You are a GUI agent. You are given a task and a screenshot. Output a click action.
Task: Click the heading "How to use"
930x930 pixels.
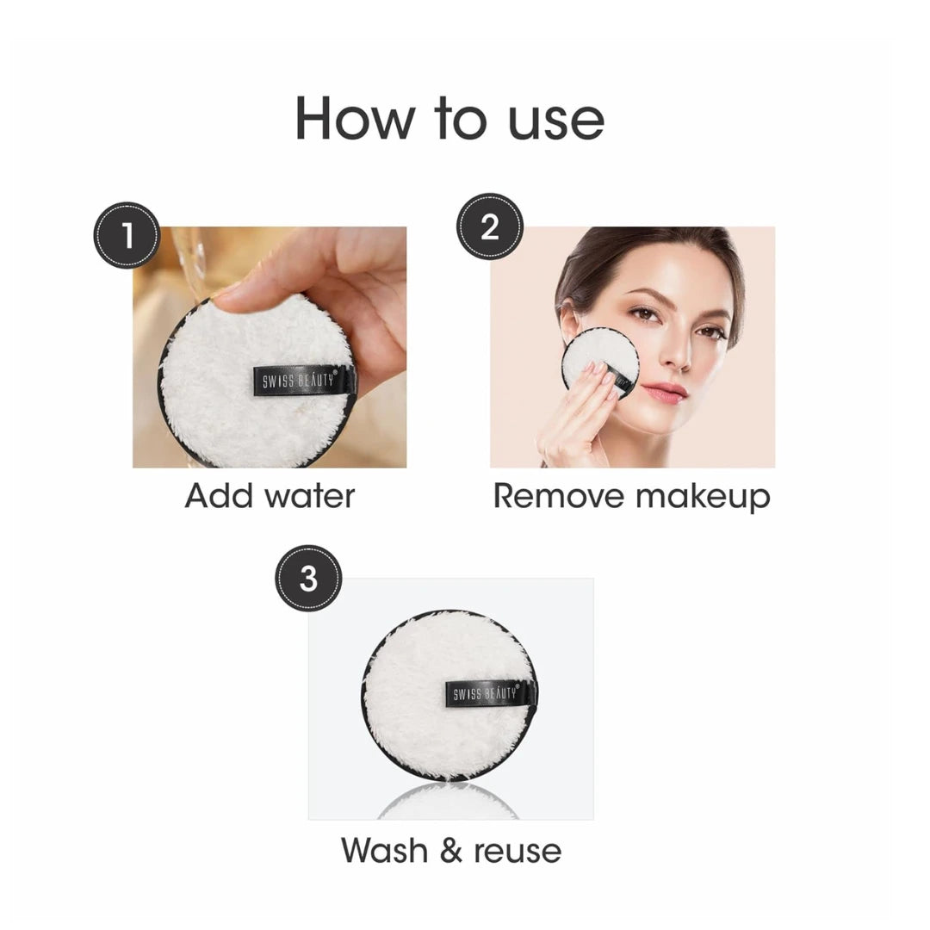(x=449, y=118)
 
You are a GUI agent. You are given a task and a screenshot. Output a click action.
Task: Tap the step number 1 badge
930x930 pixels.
(x=127, y=235)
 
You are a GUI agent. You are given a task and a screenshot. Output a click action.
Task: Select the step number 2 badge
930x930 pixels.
(x=489, y=226)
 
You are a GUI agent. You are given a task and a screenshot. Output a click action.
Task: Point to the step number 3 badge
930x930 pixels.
(x=308, y=579)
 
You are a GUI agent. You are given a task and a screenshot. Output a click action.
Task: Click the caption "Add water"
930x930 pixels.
(x=270, y=497)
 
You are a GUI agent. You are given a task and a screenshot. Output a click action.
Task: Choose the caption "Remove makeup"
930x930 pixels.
(x=631, y=497)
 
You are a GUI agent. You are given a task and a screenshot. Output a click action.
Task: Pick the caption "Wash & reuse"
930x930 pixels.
(x=451, y=850)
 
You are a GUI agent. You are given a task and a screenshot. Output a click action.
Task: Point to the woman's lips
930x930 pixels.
(x=664, y=393)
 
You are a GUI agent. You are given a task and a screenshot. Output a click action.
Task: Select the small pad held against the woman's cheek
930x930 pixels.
(x=598, y=362)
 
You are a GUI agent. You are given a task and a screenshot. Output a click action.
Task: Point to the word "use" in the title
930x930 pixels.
(x=555, y=119)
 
